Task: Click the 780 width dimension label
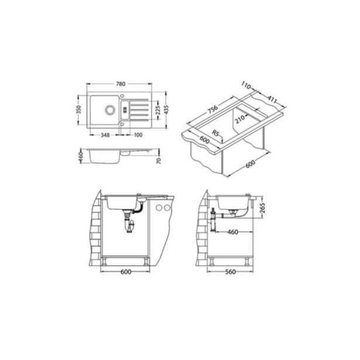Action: coord(121,84)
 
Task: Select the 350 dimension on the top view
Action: coord(79,109)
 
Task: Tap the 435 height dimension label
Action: coord(166,109)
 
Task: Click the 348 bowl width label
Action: coord(105,135)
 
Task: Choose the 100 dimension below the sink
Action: coord(138,135)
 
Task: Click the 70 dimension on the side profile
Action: coord(159,161)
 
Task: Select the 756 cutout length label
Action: coord(213,109)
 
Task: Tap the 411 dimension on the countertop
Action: coord(272,100)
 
